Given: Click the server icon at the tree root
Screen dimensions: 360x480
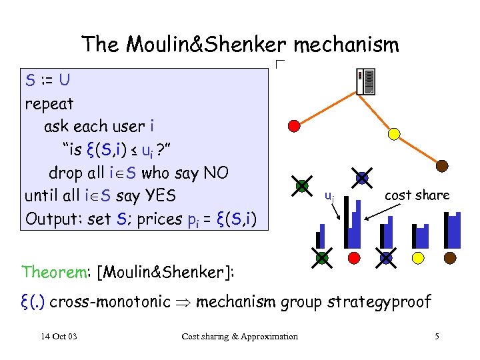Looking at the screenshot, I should click(365, 83).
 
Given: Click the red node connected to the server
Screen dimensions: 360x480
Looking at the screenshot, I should click(294, 125).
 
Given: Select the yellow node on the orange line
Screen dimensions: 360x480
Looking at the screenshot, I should click(394, 134).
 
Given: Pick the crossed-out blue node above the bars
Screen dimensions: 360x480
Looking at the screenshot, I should click(362, 178).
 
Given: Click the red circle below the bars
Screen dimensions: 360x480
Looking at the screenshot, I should click(355, 257).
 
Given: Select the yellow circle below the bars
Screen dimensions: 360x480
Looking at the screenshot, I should click(418, 257).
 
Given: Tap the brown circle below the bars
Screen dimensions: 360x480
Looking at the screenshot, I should click(450, 257).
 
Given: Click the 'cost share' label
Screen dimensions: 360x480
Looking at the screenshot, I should click(417, 195).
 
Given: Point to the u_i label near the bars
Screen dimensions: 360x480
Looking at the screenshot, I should click(329, 196).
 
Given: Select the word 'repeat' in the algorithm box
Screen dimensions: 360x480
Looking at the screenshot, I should click(49, 104).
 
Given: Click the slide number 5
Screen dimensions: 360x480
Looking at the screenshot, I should click(437, 336).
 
